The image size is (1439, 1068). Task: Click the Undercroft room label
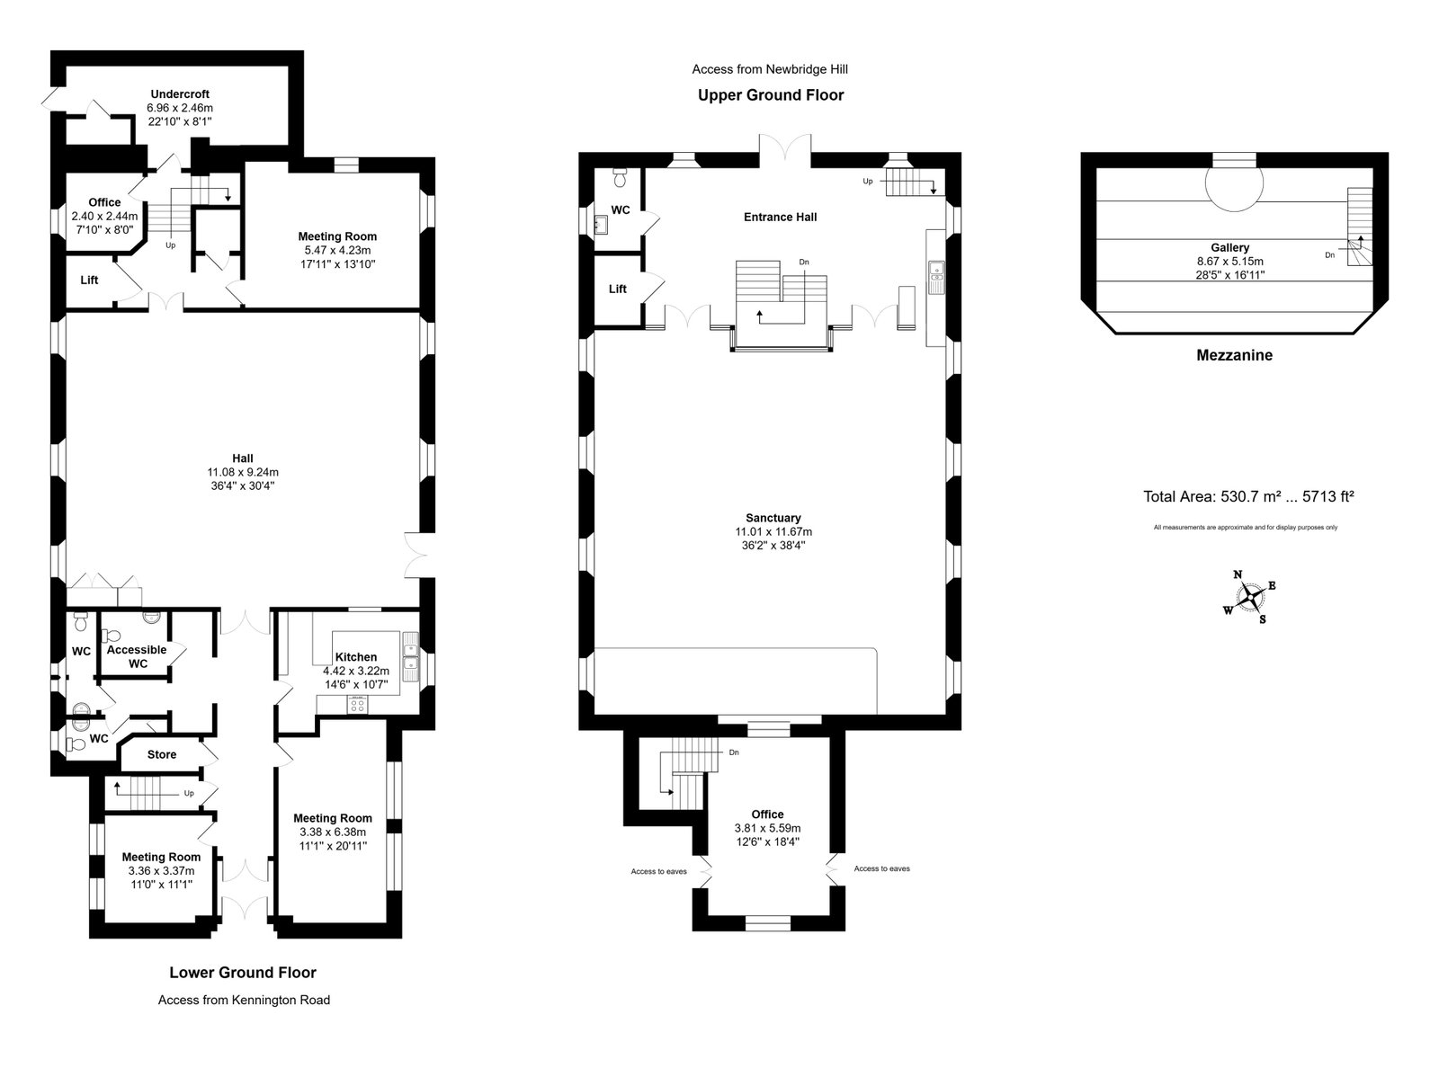[180, 94]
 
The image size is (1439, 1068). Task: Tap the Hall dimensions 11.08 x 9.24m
[243, 472]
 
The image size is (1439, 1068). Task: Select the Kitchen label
[355, 657]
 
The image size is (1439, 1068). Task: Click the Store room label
[162, 754]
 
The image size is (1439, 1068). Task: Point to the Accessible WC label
[137, 656]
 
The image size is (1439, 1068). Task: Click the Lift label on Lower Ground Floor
[90, 280]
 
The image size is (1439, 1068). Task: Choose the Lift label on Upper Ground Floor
[618, 289]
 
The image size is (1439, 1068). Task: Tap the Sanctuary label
[773, 518]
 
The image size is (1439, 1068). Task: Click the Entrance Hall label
[780, 217]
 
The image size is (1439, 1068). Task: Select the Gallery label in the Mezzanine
[1229, 247]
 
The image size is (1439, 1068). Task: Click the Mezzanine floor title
[1234, 355]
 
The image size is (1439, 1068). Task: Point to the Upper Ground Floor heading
[771, 94]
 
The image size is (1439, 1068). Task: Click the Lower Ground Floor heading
[243, 972]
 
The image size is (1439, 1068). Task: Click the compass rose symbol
[1249, 597]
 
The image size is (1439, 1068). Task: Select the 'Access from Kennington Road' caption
[244, 1000]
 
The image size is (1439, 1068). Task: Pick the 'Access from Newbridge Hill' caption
[770, 68]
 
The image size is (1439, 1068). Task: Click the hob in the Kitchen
[357, 704]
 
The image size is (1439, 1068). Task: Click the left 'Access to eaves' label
[658, 871]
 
